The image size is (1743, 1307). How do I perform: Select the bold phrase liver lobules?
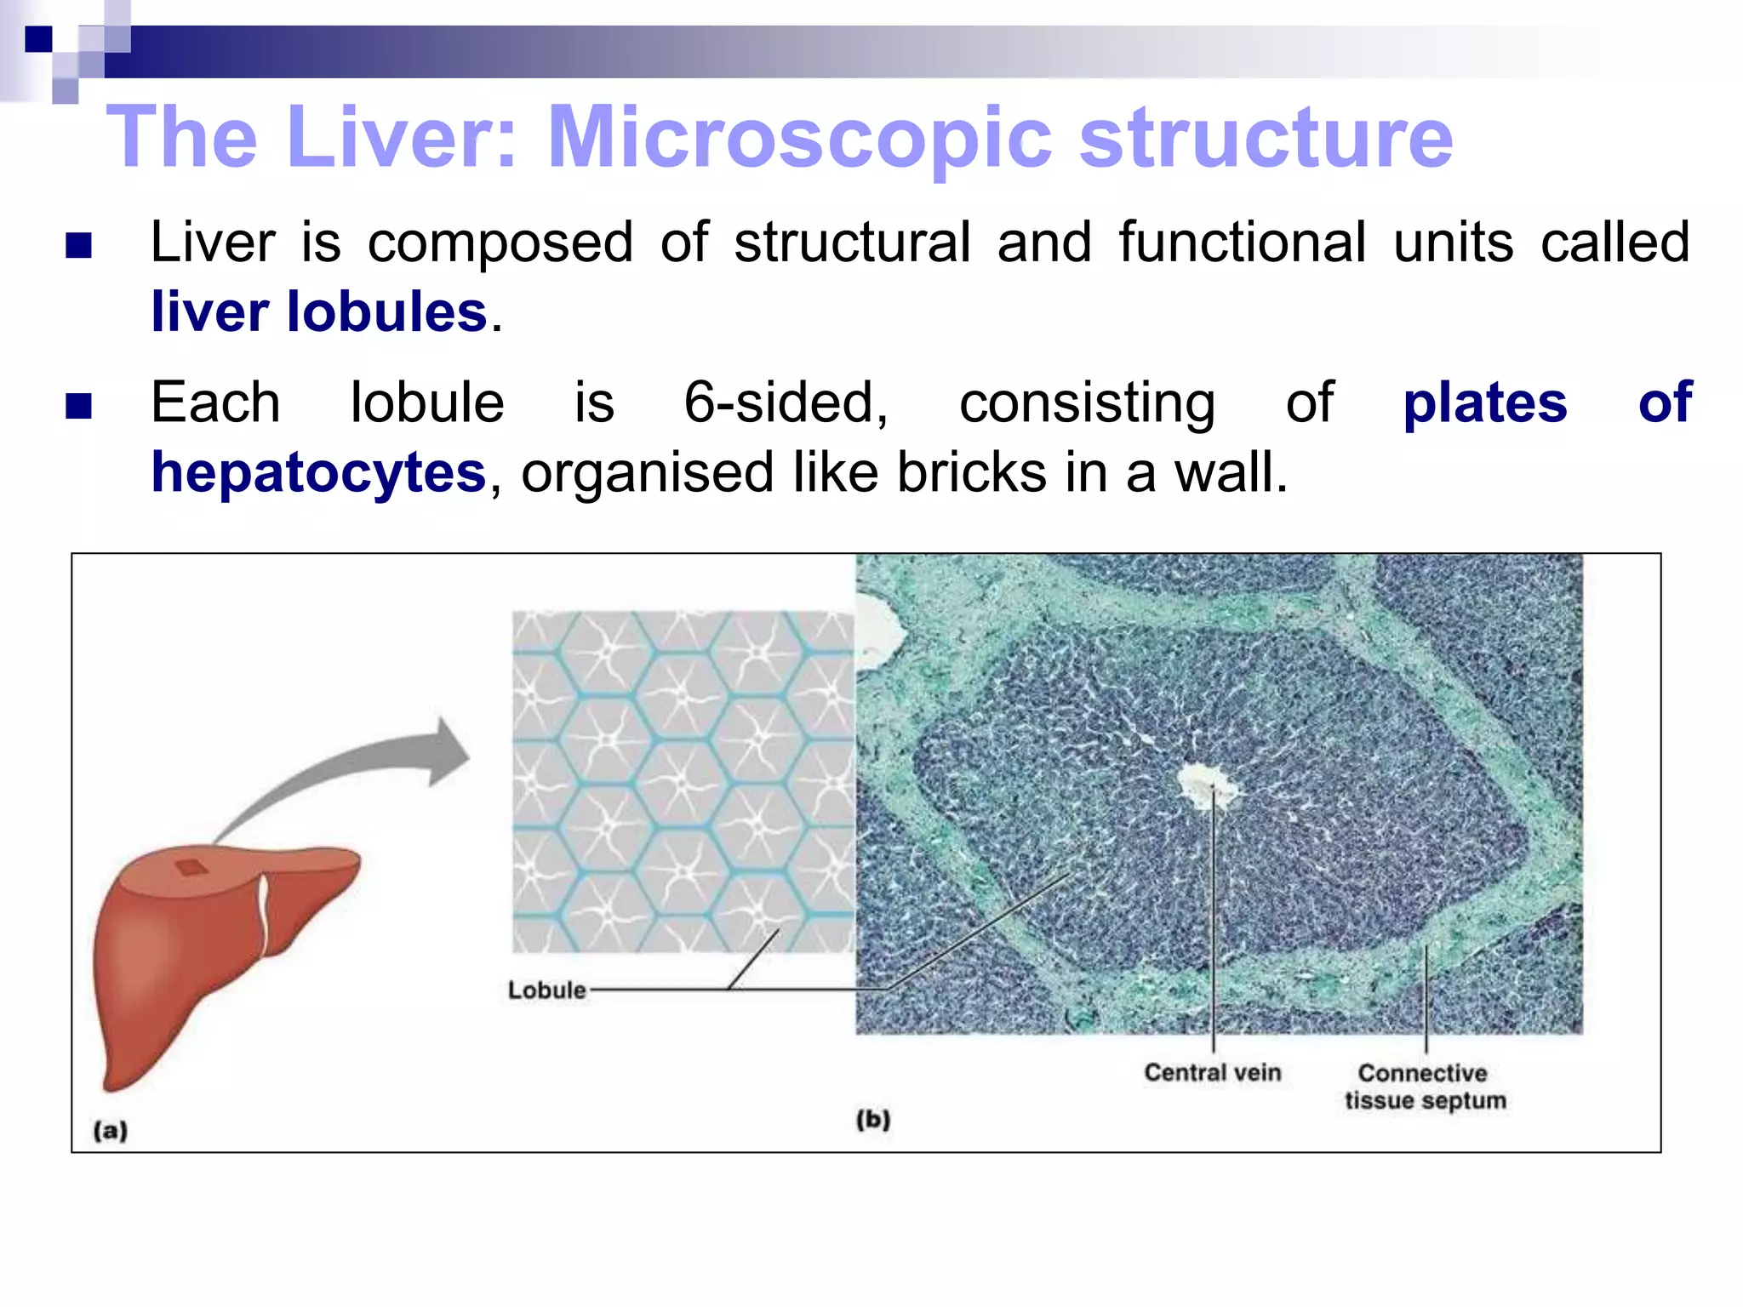pos(319,312)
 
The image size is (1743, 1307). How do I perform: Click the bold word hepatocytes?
pos(318,473)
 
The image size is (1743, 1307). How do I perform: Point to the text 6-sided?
pos(786,402)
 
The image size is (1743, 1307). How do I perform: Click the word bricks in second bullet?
pos(971,473)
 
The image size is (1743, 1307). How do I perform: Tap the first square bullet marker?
pos(78,246)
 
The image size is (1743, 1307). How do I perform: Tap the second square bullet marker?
pos(78,406)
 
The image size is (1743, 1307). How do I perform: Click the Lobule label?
pos(546,990)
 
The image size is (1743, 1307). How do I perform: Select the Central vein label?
pos(1212,1073)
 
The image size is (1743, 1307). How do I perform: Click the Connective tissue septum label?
pos(1425,1087)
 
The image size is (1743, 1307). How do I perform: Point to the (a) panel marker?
pos(111,1131)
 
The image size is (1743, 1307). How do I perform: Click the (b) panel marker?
pos(873,1120)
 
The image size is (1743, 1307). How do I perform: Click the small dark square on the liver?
pos(191,868)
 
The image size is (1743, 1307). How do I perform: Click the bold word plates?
pos(1484,403)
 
